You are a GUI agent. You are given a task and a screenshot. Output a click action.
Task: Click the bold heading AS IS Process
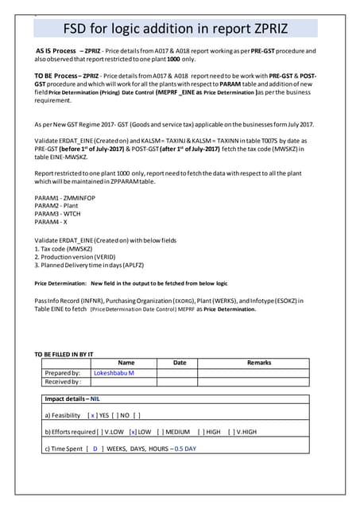[x=56, y=50]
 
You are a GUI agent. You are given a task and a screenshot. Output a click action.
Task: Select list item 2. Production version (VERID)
[x=80, y=258]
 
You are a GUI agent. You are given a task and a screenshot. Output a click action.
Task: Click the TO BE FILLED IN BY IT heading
[x=64, y=353]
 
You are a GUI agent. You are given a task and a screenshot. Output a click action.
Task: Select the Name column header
[x=126, y=363]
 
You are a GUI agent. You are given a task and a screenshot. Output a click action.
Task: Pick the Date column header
[x=180, y=363]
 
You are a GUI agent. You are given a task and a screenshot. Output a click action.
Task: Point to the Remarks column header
[x=258, y=363]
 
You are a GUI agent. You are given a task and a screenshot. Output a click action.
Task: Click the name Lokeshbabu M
[x=114, y=372]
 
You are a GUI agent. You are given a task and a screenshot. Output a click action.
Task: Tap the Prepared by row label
[x=63, y=372]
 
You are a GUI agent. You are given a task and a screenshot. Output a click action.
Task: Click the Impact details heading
[x=72, y=398]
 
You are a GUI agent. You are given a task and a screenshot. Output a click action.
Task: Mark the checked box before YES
[x=93, y=415]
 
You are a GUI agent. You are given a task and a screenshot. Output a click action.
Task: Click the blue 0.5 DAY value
[x=185, y=449]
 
